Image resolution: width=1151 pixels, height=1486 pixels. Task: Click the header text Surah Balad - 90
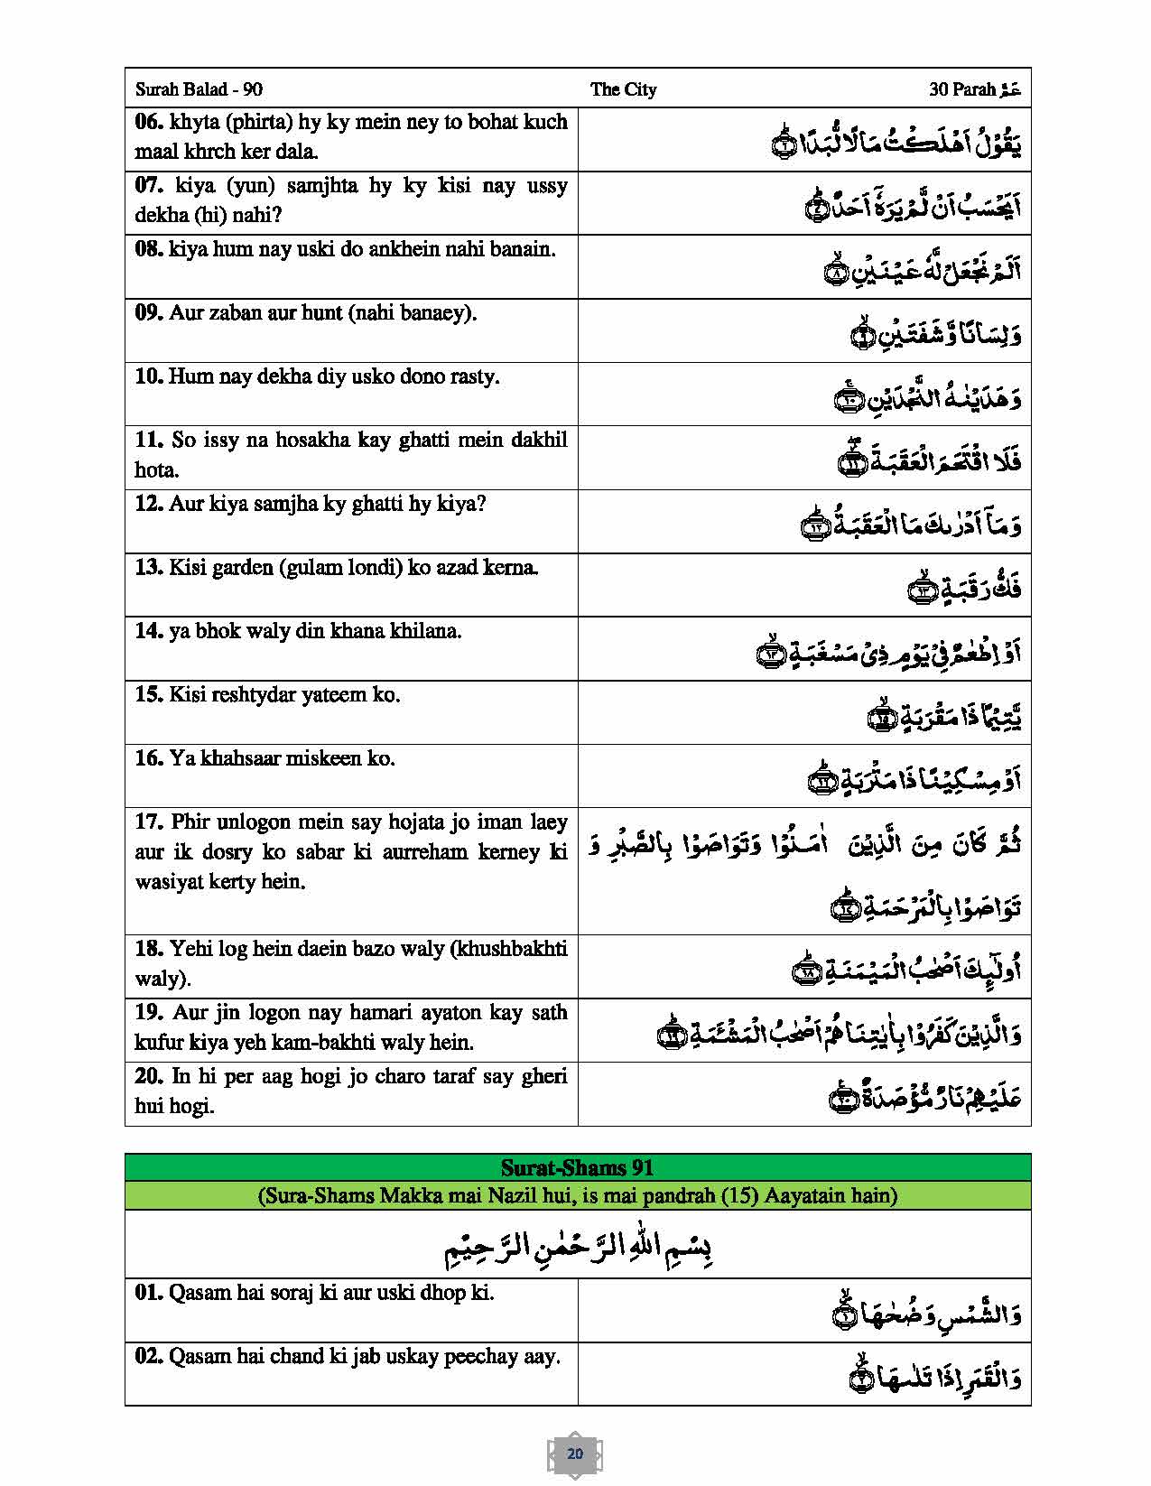199,89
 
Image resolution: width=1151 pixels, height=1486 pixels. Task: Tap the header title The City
623,89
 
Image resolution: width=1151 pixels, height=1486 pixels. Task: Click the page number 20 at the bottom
575,1453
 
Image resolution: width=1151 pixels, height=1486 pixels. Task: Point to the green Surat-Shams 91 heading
577,1167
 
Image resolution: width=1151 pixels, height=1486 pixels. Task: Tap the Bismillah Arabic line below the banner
578,1247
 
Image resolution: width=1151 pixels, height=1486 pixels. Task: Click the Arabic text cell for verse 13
964,589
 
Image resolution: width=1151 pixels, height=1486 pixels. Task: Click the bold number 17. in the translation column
148,822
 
